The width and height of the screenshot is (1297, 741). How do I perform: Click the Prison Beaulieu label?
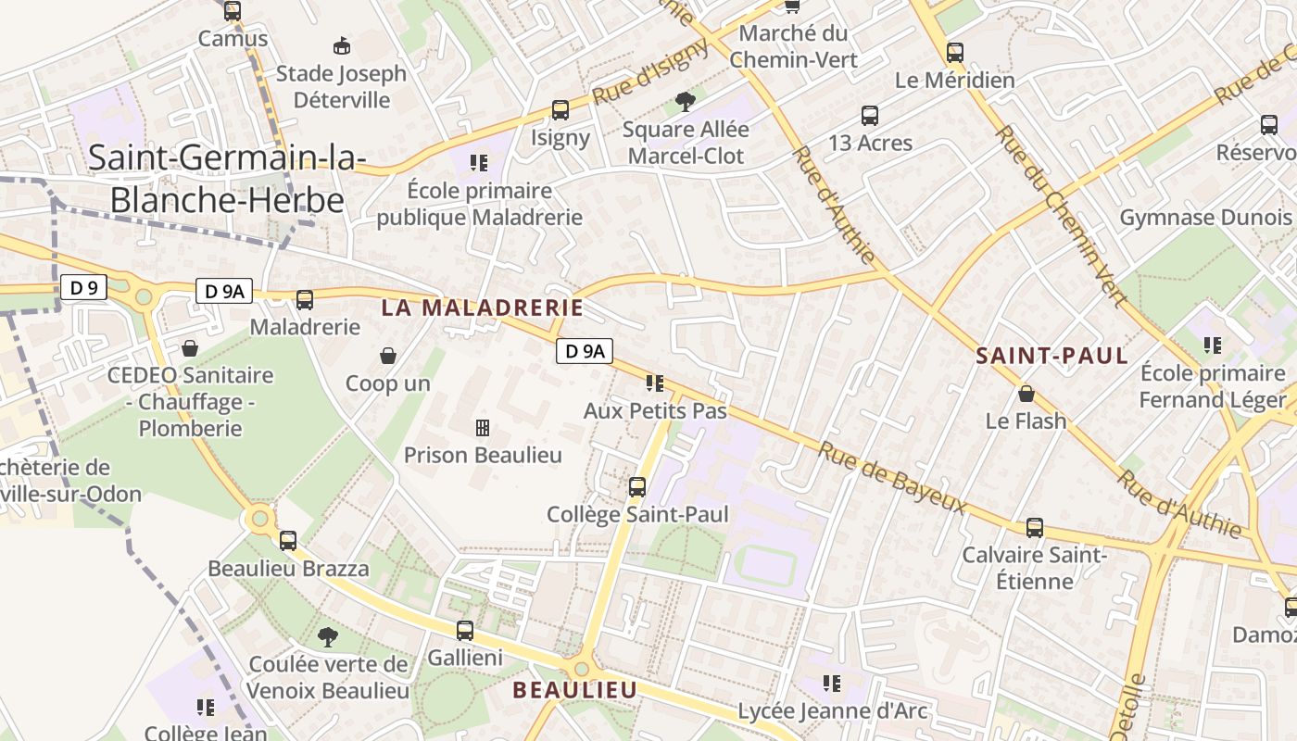pyautogui.click(x=483, y=455)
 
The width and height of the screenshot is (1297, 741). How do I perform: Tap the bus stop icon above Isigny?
pyautogui.click(x=560, y=110)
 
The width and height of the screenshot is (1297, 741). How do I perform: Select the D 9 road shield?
pyautogui.click(x=83, y=287)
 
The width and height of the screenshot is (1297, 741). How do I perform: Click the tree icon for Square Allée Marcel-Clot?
pyautogui.click(x=685, y=101)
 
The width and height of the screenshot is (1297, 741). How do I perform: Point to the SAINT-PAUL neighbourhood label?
pyautogui.click(x=1052, y=356)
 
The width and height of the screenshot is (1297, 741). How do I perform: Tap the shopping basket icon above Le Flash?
pyautogui.click(x=1026, y=394)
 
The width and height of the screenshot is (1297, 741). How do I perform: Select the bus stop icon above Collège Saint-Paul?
pyautogui.click(x=637, y=487)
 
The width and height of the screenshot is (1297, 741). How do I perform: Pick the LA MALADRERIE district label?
pyautogui.click(x=483, y=308)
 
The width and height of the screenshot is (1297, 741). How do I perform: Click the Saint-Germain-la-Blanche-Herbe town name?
pyautogui.click(x=227, y=178)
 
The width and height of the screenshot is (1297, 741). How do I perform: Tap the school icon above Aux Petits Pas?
pyautogui.click(x=655, y=383)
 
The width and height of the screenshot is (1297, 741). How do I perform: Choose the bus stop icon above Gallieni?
pyautogui.click(x=465, y=631)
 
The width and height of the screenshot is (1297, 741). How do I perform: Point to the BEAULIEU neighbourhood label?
pyautogui.click(x=575, y=690)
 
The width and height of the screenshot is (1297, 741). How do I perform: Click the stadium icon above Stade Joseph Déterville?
pyautogui.click(x=342, y=45)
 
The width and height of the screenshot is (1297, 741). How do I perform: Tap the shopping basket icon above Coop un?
pyautogui.click(x=388, y=356)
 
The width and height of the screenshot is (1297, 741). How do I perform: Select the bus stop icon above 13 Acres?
pyautogui.click(x=870, y=116)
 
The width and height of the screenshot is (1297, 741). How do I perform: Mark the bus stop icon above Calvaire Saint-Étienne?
pyautogui.click(x=1035, y=528)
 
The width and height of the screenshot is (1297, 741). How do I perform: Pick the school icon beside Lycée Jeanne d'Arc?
pyautogui.click(x=832, y=684)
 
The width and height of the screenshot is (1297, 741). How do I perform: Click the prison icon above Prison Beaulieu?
pyautogui.click(x=483, y=428)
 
